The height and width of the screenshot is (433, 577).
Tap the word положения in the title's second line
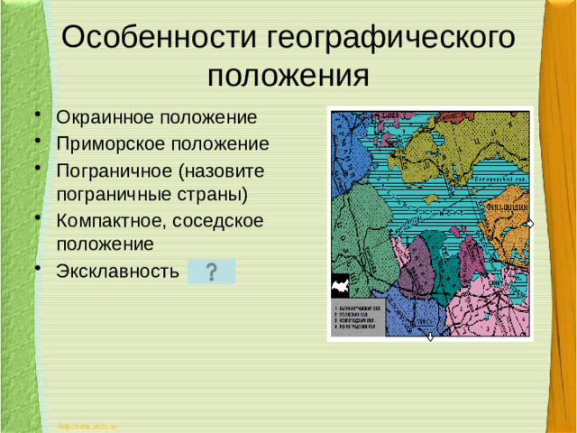(288, 74)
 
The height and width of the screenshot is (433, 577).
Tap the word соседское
(230, 220)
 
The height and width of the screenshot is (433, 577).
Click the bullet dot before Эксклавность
(38, 268)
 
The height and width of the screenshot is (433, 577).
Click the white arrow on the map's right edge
(530, 223)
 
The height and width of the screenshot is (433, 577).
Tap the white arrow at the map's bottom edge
(430, 336)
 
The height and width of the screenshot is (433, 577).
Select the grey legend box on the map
(359, 317)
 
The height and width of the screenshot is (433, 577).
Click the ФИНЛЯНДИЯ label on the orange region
(508, 205)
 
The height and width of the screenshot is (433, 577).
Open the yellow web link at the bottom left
(88, 424)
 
